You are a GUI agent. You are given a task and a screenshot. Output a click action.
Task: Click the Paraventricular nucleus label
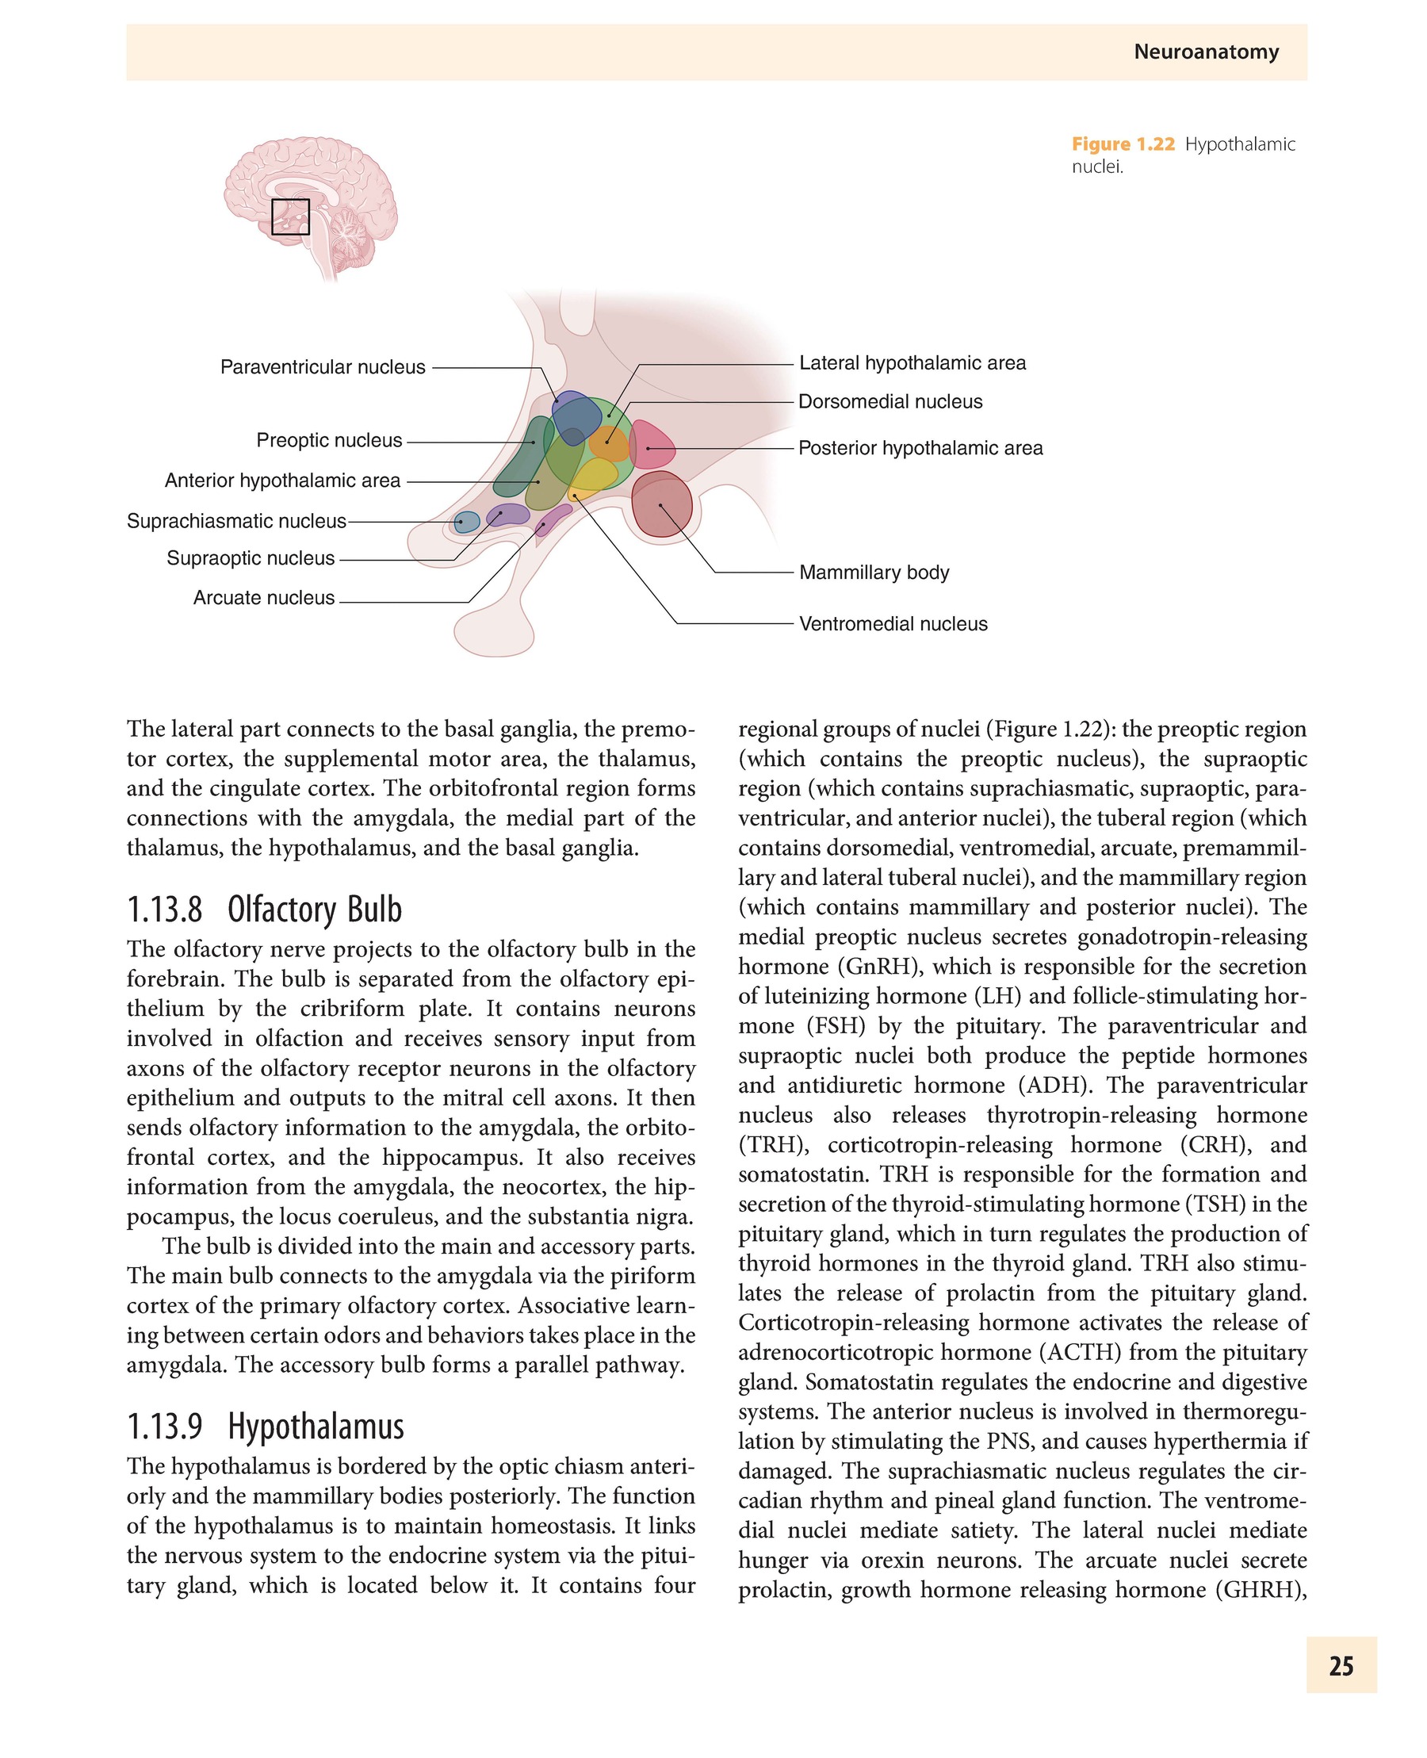click(x=322, y=366)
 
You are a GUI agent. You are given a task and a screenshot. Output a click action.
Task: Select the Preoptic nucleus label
click(x=329, y=440)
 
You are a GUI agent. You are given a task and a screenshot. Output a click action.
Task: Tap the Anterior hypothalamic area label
click(x=282, y=481)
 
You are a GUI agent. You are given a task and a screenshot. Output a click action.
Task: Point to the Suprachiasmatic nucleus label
click(x=236, y=521)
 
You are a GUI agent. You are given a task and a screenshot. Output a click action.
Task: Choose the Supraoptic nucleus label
click(x=251, y=558)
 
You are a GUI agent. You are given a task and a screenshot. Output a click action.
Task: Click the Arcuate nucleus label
click(x=264, y=598)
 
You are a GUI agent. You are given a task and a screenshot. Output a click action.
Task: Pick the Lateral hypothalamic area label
click(x=912, y=362)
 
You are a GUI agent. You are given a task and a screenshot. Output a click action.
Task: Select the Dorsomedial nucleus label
click(x=890, y=401)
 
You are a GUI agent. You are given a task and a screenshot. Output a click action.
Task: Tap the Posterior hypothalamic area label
click(x=920, y=448)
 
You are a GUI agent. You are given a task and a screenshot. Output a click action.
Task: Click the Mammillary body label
click(x=874, y=573)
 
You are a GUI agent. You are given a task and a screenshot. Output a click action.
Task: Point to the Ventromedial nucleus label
click(x=893, y=624)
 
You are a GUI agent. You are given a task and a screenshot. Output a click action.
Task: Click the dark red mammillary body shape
click(x=662, y=504)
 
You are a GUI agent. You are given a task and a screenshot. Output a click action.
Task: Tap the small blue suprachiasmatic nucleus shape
click(x=467, y=521)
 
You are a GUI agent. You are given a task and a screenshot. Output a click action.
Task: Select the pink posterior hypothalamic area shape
click(x=652, y=446)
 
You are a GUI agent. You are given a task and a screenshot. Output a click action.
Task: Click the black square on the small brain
click(x=290, y=217)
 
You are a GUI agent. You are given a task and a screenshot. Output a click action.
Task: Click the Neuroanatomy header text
click(x=1206, y=52)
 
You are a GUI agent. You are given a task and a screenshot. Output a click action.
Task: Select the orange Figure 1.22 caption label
click(x=1123, y=144)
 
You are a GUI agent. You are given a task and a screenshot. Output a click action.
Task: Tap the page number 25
click(x=1341, y=1665)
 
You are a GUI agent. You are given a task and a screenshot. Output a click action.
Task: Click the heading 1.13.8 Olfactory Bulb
click(x=265, y=910)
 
